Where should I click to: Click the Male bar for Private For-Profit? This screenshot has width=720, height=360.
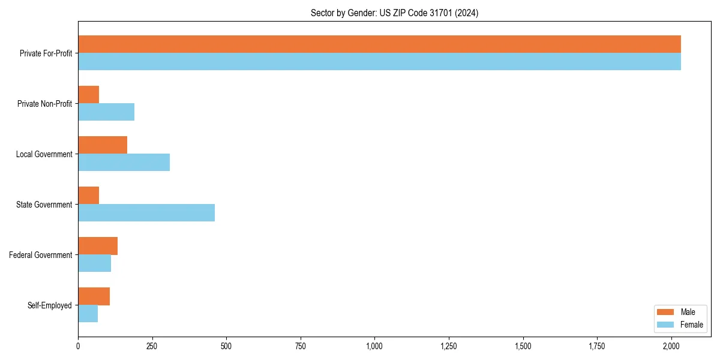[379, 44]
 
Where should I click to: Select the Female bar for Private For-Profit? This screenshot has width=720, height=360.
[379, 61]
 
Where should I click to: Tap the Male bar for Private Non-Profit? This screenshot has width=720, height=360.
[89, 95]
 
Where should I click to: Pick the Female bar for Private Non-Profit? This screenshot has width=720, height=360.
[106, 112]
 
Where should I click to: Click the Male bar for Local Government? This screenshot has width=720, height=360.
[103, 145]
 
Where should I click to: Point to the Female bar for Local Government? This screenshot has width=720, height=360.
[124, 162]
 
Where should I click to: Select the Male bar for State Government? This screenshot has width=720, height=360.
[89, 196]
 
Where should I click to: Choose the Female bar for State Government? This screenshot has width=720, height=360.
[146, 212]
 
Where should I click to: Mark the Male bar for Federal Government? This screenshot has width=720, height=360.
[98, 246]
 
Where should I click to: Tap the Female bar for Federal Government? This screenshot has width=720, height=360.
[95, 263]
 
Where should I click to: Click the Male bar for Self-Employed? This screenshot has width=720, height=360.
[94, 296]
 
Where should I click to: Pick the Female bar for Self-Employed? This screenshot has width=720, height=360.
[88, 313]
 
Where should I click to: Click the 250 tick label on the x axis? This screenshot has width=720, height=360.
[152, 346]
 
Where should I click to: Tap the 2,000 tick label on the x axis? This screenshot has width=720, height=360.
[671, 346]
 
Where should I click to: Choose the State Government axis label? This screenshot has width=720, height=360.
[44, 205]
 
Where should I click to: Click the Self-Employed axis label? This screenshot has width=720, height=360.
[49, 305]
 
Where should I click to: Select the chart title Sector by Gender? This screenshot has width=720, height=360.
[394, 13]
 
